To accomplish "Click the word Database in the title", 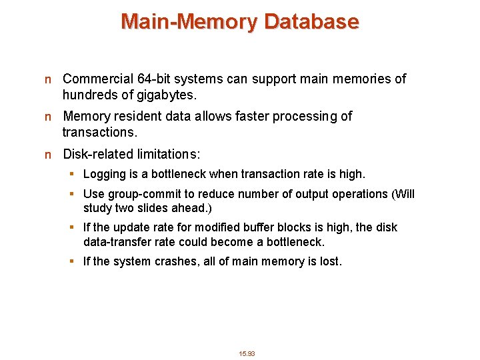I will tap(311, 22).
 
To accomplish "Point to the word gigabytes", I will tap(153, 94).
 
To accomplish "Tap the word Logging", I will tap(104, 174).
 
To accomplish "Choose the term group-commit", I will tap(145, 194).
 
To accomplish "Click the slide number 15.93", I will tap(247, 353).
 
